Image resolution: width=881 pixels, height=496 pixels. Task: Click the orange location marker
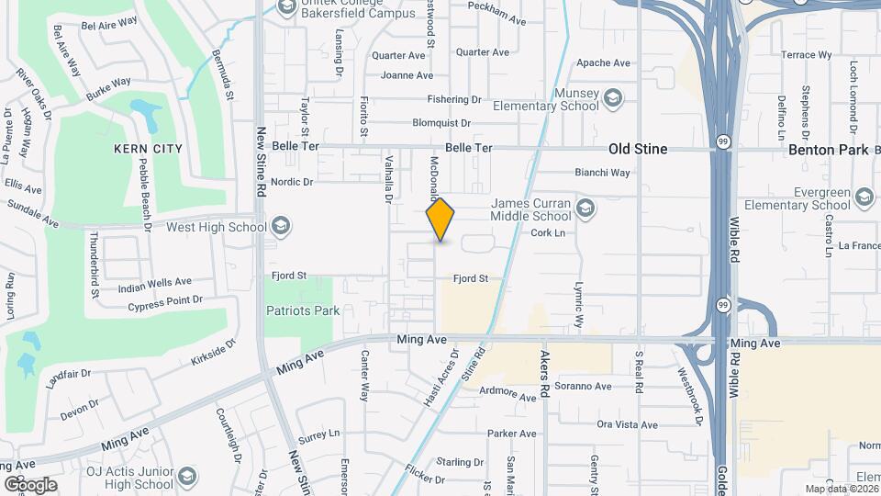pyautogui.click(x=440, y=220)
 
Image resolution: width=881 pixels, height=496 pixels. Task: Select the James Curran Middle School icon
pyautogui.click(x=585, y=210)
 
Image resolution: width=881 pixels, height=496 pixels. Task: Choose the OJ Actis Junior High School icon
pyautogui.click(x=187, y=478)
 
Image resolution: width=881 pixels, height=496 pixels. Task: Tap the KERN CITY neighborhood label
pyautogui.click(x=148, y=149)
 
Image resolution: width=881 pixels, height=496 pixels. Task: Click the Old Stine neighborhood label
pyautogui.click(x=638, y=149)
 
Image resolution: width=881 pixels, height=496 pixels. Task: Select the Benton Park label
pyautogui.click(x=828, y=149)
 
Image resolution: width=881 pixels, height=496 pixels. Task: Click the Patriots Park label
pyautogui.click(x=303, y=310)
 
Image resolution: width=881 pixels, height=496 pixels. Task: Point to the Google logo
pyautogui.click(x=30, y=484)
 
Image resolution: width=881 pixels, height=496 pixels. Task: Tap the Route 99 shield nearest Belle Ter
pyautogui.click(x=725, y=141)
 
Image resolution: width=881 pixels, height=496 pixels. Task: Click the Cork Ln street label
pyautogui.click(x=547, y=233)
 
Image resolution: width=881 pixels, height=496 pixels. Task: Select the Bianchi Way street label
pyautogui.click(x=602, y=172)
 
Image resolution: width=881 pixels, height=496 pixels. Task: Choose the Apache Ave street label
pyautogui.click(x=603, y=63)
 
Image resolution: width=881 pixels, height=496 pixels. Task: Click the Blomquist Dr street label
pyautogui.click(x=440, y=122)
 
